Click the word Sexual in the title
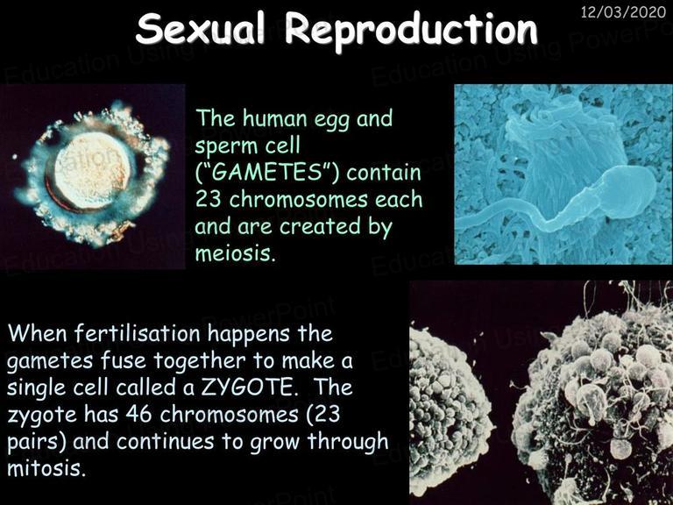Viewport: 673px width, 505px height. click(200, 28)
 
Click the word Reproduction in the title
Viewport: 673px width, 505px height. click(411, 29)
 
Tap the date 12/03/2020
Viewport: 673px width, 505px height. click(623, 11)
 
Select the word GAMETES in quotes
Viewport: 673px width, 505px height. click(266, 173)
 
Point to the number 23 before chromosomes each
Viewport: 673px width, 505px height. click(209, 200)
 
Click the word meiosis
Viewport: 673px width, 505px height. click(234, 253)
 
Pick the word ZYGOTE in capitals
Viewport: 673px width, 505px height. click(249, 388)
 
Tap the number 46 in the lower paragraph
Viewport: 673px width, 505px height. click(138, 415)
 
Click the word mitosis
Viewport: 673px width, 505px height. click(44, 468)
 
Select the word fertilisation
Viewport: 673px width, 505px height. click(137, 334)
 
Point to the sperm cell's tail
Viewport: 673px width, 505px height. click(528, 214)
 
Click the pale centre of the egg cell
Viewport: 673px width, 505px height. click(93, 170)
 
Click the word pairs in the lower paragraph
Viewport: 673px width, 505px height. click(36, 443)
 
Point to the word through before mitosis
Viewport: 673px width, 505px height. click(348, 442)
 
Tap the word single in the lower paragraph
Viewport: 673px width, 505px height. click(36, 388)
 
